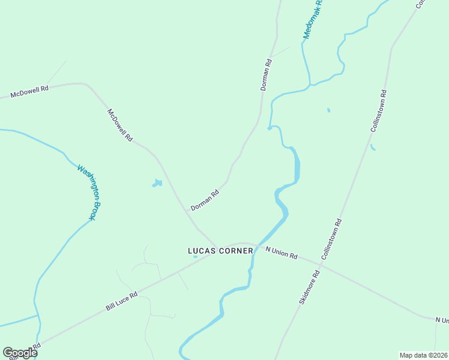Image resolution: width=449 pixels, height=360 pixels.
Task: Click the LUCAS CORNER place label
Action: [x=220, y=251]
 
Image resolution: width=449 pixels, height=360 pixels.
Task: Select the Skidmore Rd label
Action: [x=310, y=287]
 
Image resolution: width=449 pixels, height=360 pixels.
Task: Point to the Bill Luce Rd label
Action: [x=122, y=301]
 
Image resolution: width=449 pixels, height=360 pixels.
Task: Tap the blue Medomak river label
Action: [x=313, y=19]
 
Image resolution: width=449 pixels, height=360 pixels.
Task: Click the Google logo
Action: [x=20, y=353]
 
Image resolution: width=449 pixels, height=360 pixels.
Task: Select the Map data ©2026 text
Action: [x=423, y=355]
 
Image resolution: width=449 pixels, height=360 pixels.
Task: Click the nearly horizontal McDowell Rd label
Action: [x=29, y=92]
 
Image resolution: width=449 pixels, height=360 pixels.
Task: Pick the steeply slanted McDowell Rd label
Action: [x=119, y=125]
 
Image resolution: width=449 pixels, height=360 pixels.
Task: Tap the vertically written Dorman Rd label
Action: [x=267, y=74]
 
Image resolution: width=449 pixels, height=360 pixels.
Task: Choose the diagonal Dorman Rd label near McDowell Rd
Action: [x=205, y=200]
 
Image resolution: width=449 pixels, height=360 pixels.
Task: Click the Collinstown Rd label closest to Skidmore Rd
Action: [x=332, y=239]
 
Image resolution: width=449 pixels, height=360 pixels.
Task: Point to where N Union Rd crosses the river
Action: [x=256, y=247]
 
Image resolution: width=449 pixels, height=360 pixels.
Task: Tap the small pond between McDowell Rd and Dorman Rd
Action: [x=157, y=183]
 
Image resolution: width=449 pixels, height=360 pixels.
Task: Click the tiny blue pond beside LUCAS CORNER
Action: [x=194, y=257]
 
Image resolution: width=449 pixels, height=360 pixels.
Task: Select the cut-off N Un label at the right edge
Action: [x=442, y=320]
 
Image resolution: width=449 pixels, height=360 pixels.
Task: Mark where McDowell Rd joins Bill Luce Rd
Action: [x=215, y=245]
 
